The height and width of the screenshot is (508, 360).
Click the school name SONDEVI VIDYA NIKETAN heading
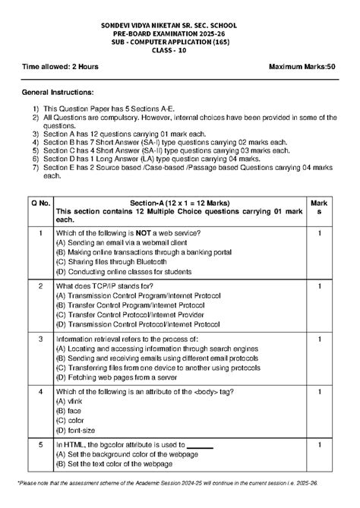179,25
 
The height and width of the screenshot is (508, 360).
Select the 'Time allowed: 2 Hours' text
60,67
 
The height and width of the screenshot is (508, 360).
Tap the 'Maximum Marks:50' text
303,67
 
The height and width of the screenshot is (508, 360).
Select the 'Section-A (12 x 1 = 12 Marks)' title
179,203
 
